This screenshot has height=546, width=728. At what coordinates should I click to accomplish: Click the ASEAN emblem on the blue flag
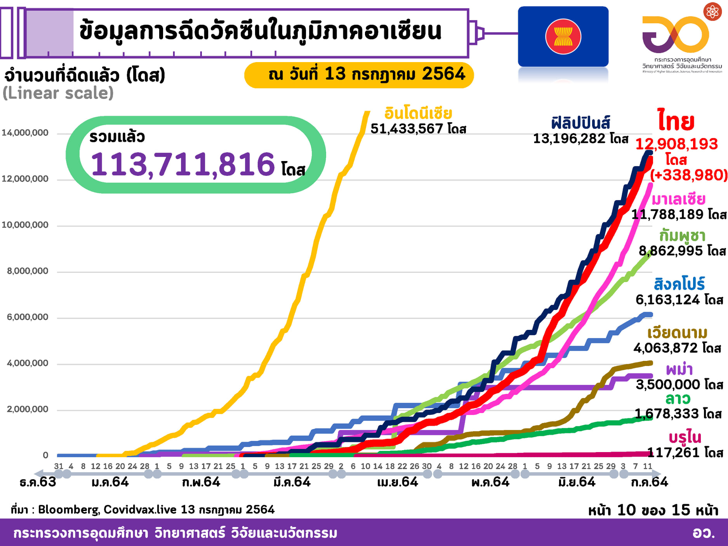click(563, 36)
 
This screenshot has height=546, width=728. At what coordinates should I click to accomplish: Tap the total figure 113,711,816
click(182, 165)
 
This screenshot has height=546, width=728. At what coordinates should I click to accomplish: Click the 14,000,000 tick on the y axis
click(25, 133)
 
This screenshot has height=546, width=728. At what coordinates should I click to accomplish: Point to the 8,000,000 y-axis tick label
click(28, 271)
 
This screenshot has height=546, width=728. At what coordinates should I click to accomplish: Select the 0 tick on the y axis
click(45, 455)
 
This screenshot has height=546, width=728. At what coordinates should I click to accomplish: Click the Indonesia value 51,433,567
click(407, 128)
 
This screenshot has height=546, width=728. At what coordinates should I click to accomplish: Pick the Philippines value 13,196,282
click(569, 139)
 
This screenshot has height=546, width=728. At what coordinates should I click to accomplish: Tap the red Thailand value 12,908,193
click(676, 144)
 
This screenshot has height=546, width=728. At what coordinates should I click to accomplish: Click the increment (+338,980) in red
click(689, 175)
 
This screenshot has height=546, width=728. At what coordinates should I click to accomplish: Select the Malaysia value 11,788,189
click(667, 214)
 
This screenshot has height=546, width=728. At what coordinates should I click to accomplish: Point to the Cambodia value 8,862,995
click(671, 251)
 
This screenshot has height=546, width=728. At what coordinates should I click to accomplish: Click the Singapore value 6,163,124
click(667, 300)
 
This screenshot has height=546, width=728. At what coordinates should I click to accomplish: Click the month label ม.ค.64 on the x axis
click(110, 482)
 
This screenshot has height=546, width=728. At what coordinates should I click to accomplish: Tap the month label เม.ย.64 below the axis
click(398, 482)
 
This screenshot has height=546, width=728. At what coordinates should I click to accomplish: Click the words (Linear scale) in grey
click(58, 93)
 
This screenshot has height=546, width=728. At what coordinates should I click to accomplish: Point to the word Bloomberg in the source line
click(68, 510)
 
